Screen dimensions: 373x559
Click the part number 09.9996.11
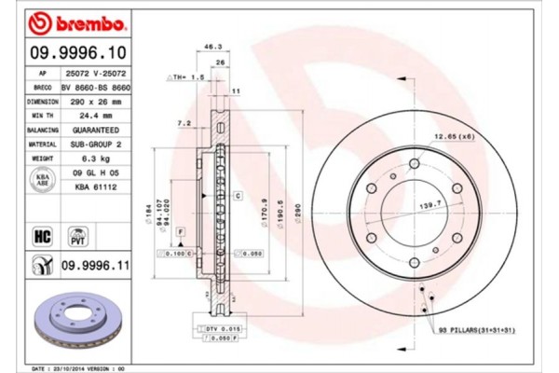coord(93,267)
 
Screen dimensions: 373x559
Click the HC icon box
coord(42,235)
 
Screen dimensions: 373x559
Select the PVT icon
coord(80,235)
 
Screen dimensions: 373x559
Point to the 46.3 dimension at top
coord(212,46)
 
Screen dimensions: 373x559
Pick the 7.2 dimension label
coord(184,122)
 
